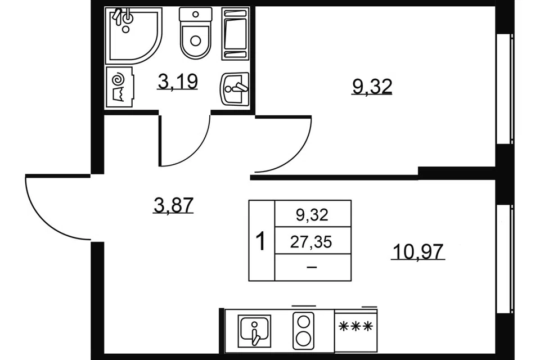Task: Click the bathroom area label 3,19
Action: coord(178,82)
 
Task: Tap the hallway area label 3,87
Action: coord(173,205)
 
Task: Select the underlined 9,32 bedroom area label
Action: coord(372,86)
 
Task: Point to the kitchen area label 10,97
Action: coord(418,251)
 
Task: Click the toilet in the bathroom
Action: coord(196,33)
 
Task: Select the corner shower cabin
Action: coord(133,36)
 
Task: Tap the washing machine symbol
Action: coord(119,87)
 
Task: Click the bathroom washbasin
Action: coord(234,88)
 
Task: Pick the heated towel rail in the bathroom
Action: coord(236,33)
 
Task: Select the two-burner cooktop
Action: coord(303,331)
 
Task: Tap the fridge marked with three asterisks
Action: coord(355,331)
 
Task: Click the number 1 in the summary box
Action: coord(262,241)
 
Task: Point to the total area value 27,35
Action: coord(311,242)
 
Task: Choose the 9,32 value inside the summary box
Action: coord(312,215)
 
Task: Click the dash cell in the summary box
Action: coord(312,267)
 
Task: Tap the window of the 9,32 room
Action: coord(505,88)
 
